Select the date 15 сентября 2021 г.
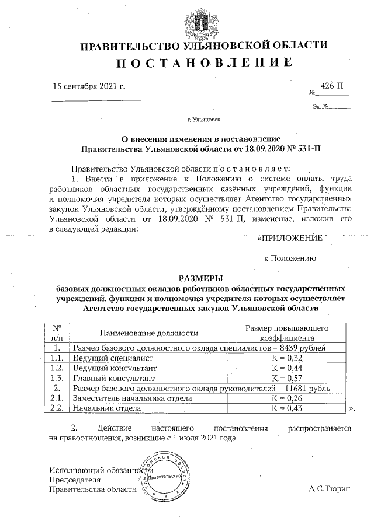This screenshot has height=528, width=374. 89,86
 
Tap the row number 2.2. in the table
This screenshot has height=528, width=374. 57,408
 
